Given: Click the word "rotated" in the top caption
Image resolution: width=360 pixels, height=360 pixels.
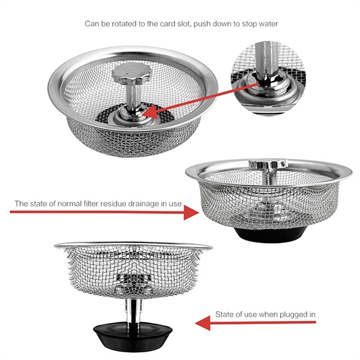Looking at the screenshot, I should (x=133, y=25).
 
